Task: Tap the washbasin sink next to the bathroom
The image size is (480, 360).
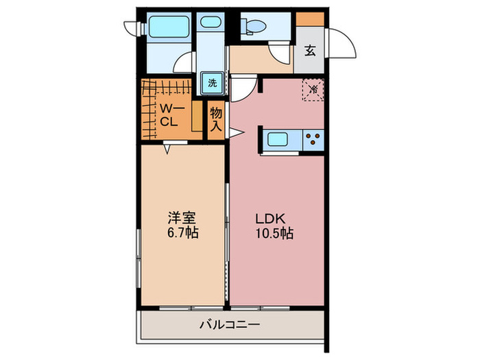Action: [209, 21]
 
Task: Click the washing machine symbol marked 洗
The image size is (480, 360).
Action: [213, 84]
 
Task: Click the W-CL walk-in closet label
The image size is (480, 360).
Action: [169, 115]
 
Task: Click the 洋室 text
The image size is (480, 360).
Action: [183, 219]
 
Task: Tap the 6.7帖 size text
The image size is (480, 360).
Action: [183, 233]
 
